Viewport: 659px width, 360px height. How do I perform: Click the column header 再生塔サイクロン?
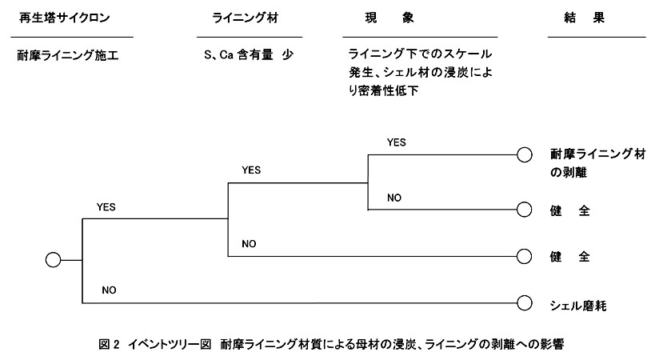tap(65, 18)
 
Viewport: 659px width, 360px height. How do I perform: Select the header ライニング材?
tap(245, 18)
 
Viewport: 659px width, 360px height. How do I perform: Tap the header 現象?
tap(389, 18)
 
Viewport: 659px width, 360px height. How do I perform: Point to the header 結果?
tap(584, 18)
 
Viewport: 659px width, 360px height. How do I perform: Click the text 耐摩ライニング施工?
tap(68, 55)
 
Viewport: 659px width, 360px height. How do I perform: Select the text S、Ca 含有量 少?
tap(249, 54)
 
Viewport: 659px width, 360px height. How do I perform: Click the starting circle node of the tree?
tap(54, 260)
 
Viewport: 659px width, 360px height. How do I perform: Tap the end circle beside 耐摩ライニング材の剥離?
tap(525, 154)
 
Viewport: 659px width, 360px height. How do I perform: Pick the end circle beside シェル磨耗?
tap(525, 303)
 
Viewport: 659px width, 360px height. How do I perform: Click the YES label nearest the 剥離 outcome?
tap(397, 142)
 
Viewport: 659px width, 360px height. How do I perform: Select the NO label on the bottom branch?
tap(109, 290)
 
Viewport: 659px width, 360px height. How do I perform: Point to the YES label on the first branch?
tap(106, 207)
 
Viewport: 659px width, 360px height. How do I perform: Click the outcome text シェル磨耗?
tap(578, 306)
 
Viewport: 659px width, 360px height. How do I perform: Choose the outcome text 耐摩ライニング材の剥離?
tap(598, 163)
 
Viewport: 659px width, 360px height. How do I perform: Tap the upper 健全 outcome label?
tap(570, 210)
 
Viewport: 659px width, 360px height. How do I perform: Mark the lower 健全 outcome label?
tap(570, 257)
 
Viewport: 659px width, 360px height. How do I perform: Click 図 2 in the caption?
tap(110, 345)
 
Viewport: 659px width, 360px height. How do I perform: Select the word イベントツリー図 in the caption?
tap(170, 345)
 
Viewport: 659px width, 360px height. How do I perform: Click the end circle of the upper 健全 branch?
tap(525, 210)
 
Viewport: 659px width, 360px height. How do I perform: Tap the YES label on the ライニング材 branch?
tap(251, 170)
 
